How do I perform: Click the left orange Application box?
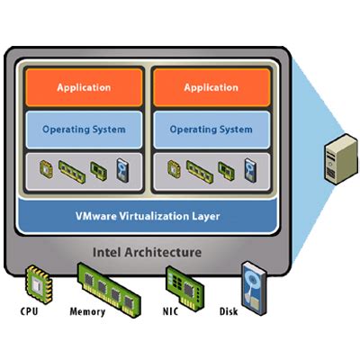pos(84,87)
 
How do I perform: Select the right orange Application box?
pos(211,87)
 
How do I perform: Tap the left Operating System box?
pos(84,129)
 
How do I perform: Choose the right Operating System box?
pos(211,129)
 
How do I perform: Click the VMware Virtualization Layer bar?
pos(147,216)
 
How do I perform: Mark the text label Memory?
pos(87,313)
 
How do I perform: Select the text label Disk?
pos(231,313)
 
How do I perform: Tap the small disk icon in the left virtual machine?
pos(123,167)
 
